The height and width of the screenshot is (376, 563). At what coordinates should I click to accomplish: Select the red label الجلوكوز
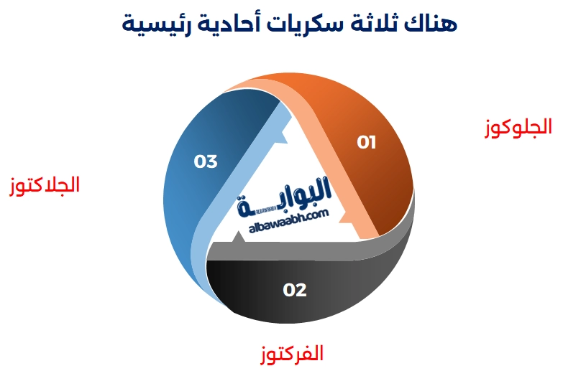tap(516, 127)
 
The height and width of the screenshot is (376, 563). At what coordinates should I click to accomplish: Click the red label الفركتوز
tap(291, 353)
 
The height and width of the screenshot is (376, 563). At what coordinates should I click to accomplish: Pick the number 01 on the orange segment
tap(367, 143)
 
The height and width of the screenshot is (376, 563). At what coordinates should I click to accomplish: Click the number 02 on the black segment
tap(295, 290)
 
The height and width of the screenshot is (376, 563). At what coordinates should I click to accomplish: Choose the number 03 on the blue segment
tap(206, 161)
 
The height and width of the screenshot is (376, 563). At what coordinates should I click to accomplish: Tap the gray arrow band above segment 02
tap(302, 250)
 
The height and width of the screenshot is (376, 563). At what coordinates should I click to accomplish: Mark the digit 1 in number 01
tap(372, 143)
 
